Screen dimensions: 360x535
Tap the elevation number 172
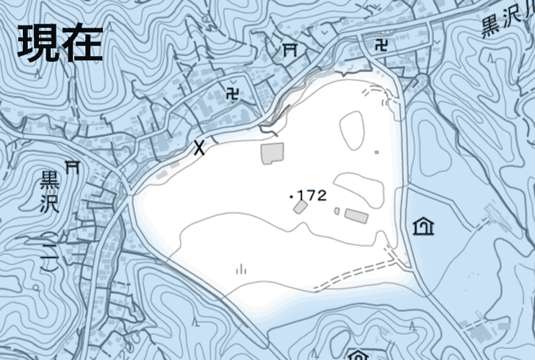[x=312, y=195]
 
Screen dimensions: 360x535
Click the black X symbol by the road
[x=198, y=148]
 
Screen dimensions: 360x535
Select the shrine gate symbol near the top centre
[x=290, y=49]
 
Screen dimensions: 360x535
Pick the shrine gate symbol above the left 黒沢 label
[x=72, y=166]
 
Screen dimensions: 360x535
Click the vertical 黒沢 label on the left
[x=50, y=190]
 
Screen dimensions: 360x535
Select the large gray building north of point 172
[x=272, y=153]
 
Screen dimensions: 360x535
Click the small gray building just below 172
[x=300, y=207]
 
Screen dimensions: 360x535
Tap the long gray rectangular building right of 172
[x=356, y=215]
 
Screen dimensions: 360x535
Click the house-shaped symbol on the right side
[x=423, y=227]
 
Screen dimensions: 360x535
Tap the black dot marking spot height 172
[x=292, y=197]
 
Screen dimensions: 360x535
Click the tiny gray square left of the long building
[x=337, y=212]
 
